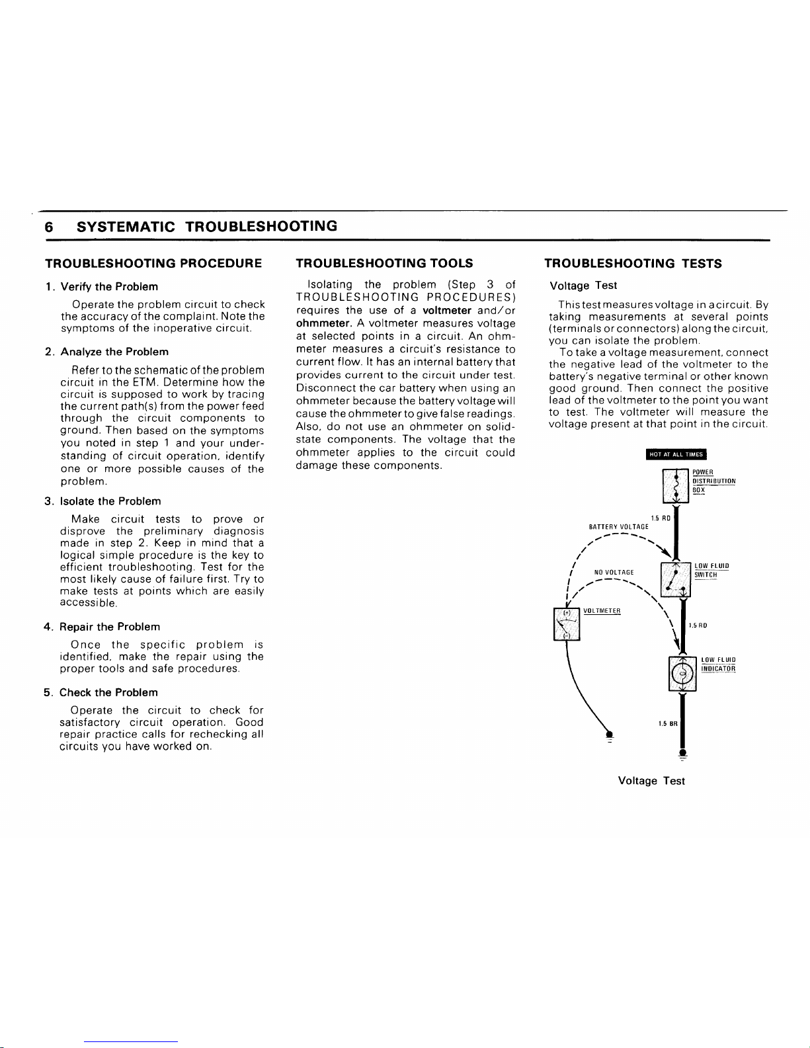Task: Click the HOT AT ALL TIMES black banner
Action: click(676, 454)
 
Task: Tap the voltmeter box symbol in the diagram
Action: click(566, 624)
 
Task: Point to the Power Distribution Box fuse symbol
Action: click(675, 485)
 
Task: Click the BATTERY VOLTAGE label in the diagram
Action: click(618, 527)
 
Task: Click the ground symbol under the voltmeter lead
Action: click(608, 735)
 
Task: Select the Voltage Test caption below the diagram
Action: click(651, 781)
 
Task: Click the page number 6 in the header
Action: click(49, 226)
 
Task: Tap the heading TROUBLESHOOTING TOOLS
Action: click(384, 263)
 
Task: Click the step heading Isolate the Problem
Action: click(110, 501)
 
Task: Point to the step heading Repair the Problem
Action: click(110, 627)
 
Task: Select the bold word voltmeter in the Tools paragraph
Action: click(447, 311)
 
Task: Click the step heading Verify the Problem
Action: click(109, 287)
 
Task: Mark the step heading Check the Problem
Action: click(108, 692)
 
